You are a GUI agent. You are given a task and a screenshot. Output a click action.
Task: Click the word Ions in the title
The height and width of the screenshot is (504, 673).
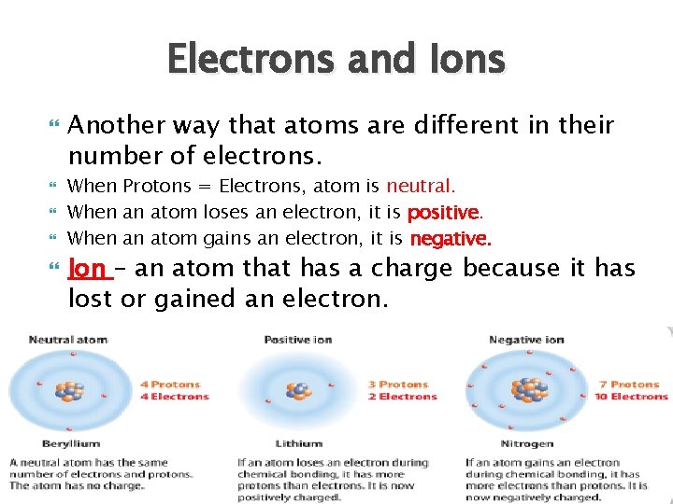click(459, 61)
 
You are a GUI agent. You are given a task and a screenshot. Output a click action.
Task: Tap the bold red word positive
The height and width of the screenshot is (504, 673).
click(443, 212)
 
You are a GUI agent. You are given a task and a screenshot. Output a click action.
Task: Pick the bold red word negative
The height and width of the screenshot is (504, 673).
click(450, 239)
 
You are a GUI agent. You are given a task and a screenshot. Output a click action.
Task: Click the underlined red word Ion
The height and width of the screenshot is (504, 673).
click(88, 269)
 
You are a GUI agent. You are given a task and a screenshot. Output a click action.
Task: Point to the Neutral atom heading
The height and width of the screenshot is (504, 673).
click(68, 340)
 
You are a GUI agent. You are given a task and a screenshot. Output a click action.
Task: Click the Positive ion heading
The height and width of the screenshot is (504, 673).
click(299, 340)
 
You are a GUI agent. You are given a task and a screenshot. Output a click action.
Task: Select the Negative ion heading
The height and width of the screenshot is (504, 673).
click(526, 340)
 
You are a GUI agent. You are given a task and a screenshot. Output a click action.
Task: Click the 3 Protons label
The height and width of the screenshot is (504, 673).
click(398, 384)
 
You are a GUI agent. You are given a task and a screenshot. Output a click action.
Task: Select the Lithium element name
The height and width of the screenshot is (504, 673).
click(298, 444)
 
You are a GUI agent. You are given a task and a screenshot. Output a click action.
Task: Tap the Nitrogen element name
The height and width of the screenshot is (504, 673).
click(527, 444)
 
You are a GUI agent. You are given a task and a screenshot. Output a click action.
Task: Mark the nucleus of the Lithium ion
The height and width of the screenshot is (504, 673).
click(298, 392)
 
